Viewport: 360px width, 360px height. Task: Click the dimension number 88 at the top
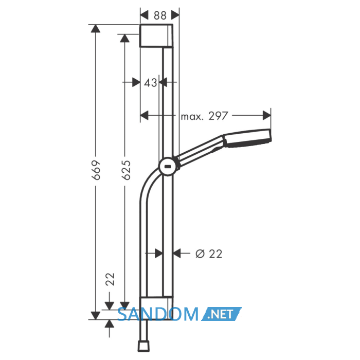pos(160,15)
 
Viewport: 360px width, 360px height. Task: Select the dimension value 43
pos(151,83)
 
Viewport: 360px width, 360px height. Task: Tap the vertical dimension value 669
pos(96,170)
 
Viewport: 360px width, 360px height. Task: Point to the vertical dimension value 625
pos(126,170)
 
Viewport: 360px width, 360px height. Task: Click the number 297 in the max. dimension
pos(218,116)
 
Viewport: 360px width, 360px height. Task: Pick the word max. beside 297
pos(192,117)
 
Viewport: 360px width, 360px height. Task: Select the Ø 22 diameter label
pos(209,254)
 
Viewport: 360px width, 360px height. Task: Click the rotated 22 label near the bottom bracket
pos(110,279)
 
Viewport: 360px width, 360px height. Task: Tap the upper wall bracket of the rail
pos(156,35)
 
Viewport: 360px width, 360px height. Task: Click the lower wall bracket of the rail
pos(156,308)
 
